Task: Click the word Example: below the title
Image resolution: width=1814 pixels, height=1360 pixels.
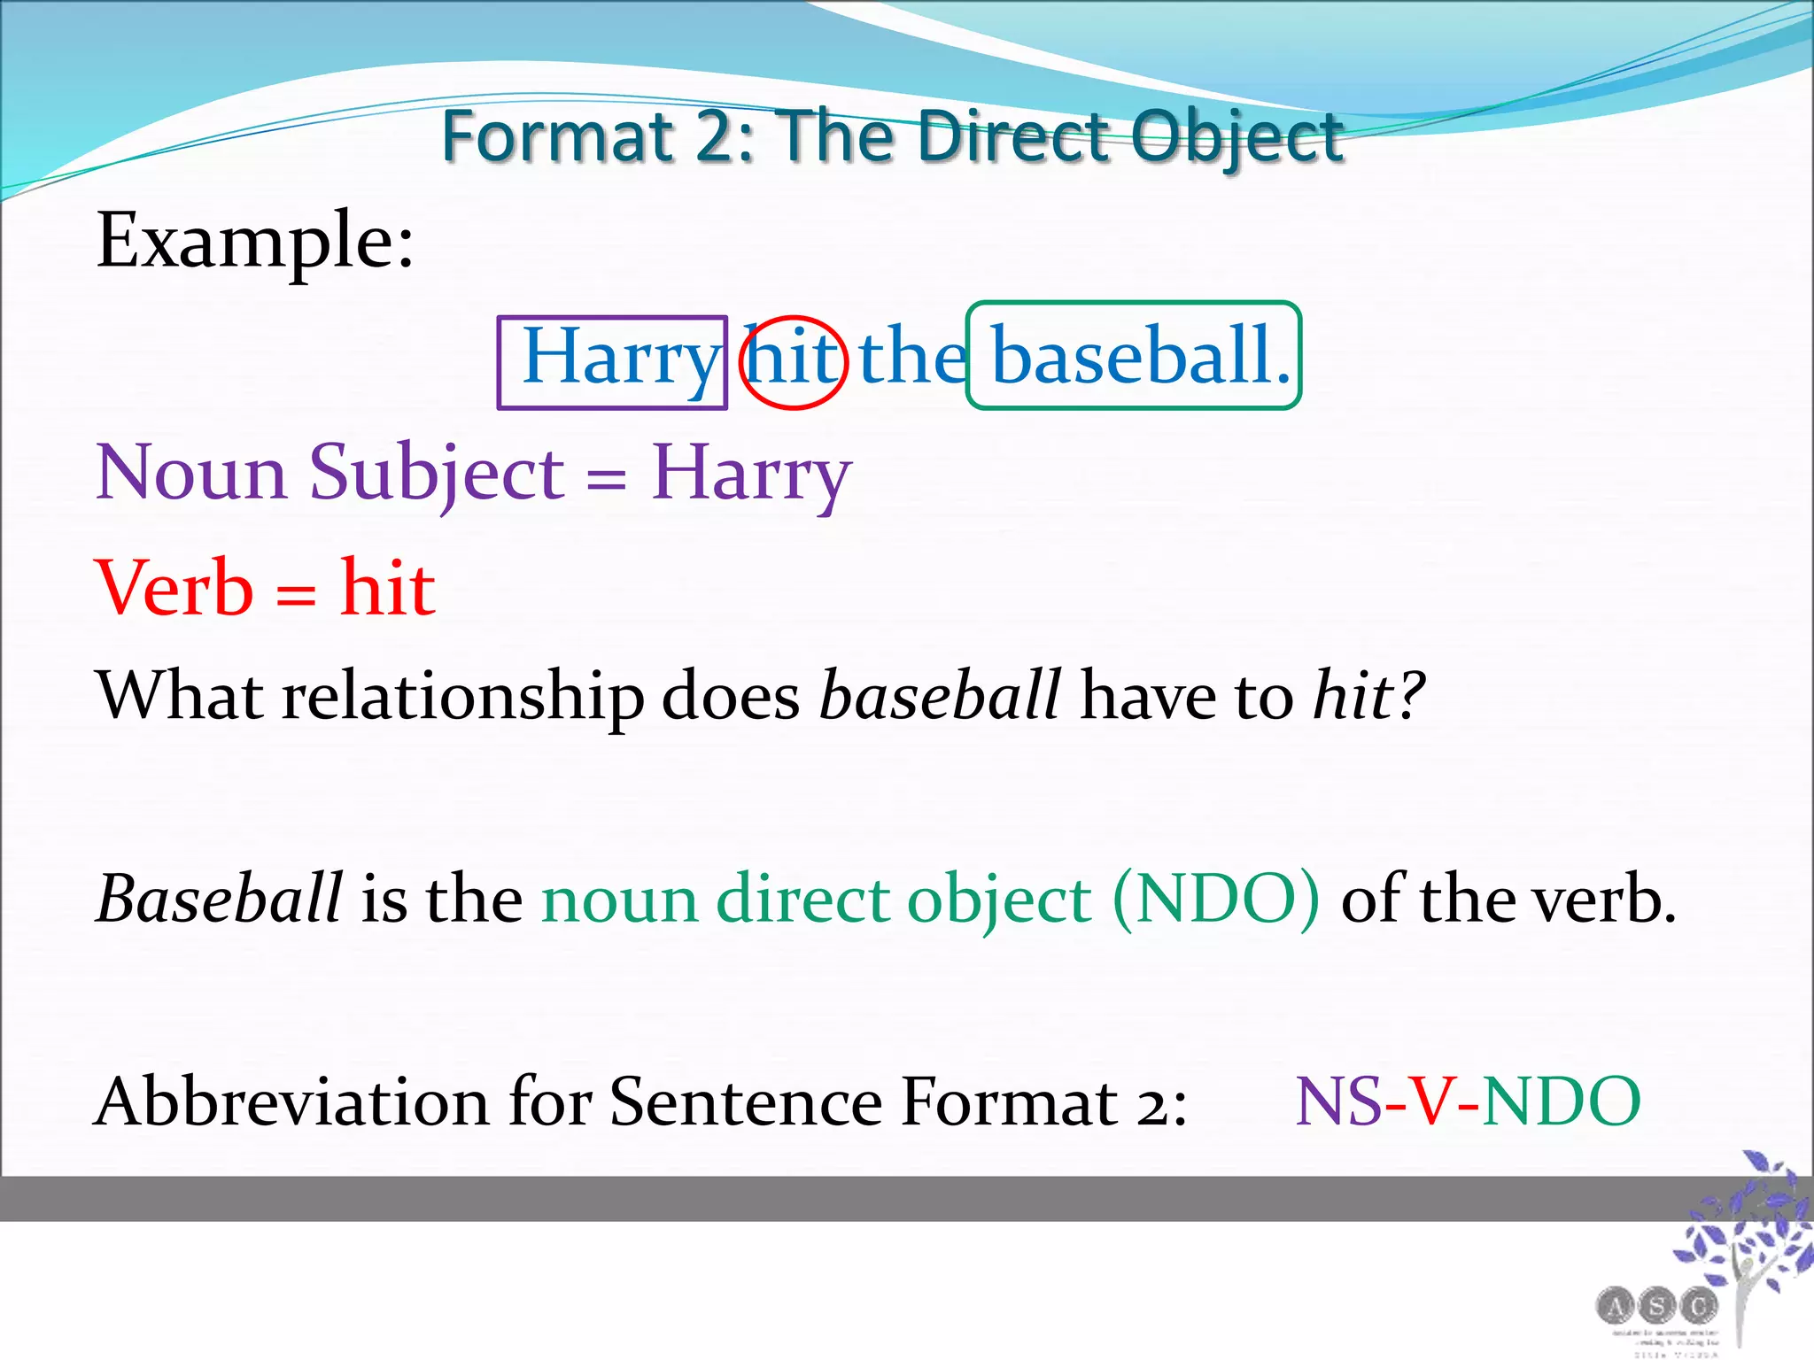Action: pos(255,240)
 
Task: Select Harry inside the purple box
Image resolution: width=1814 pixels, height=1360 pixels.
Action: pos(619,357)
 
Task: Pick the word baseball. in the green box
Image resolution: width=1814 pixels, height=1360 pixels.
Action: pos(1139,356)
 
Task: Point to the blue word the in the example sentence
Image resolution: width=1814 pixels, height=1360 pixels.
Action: pos(912,357)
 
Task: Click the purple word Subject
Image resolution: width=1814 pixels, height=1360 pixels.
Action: pos(436,474)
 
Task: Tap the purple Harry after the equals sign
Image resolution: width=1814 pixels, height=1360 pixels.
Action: pos(751,474)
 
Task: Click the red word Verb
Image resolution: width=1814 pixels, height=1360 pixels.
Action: pos(174,588)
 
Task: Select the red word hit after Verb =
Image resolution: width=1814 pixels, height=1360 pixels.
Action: pos(388,588)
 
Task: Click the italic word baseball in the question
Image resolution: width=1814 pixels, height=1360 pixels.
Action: pos(939,696)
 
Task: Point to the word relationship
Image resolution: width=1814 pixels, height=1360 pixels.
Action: pos(462,696)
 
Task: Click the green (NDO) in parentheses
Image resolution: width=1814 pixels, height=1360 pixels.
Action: pos(1215,900)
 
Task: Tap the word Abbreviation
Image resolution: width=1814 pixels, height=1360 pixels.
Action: pos(291,1102)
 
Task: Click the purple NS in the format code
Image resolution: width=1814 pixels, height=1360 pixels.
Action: pos(1338,1102)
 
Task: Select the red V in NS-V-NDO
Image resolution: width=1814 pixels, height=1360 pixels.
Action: pos(1432,1102)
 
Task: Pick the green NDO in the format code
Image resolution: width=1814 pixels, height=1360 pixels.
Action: pos(1562,1102)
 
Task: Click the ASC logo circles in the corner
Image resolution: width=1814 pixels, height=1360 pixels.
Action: pos(1656,1305)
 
